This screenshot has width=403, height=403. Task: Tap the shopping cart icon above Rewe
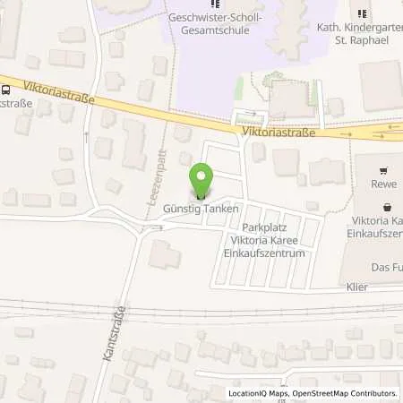tap(384, 171)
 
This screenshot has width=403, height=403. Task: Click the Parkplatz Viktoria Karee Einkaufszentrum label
tap(265, 241)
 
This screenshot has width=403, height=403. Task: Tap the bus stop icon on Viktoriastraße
tap(6, 89)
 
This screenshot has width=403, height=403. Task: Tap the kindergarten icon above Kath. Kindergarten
tap(363, 13)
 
